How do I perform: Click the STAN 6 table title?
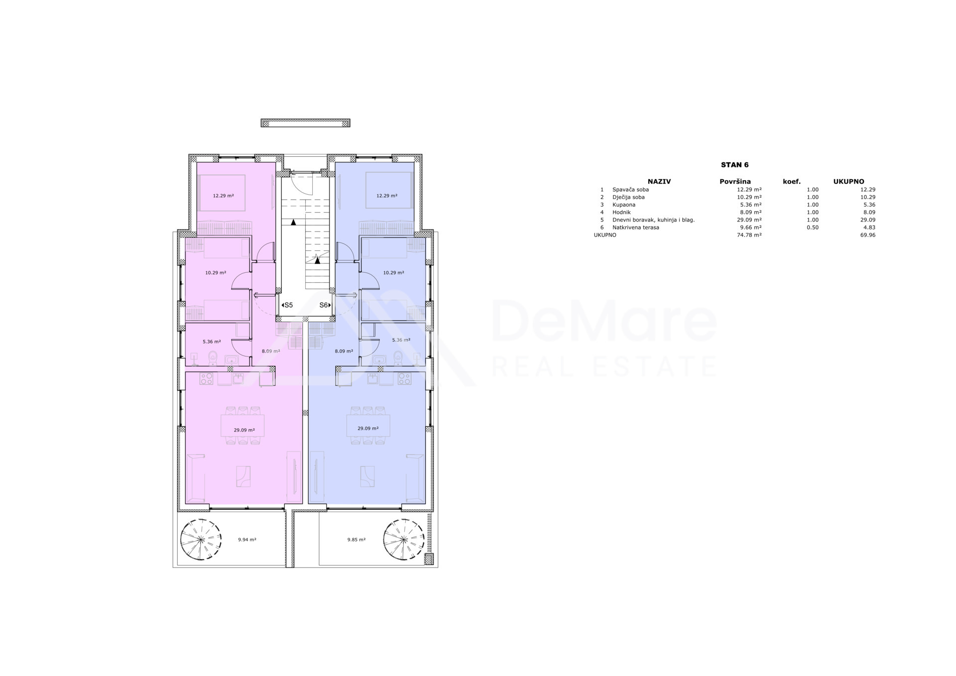[734, 165]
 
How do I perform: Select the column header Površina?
[735, 182]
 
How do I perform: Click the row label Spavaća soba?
[630, 190]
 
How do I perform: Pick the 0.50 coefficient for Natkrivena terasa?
[813, 227]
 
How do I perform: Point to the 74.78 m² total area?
[749, 235]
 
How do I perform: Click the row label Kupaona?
[624, 205]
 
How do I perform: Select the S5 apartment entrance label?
[287, 305]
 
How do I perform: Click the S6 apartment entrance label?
[325, 305]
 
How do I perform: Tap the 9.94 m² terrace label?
[247, 540]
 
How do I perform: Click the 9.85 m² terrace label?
[357, 540]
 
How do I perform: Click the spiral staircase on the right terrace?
[404, 540]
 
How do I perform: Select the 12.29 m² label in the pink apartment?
[224, 196]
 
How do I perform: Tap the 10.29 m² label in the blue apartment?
[393, 273]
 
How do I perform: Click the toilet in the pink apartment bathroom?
[213, 357]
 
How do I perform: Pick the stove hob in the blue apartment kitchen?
[404, 379]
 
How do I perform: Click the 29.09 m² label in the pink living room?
[244, 430]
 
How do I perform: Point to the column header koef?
[792, 182]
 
